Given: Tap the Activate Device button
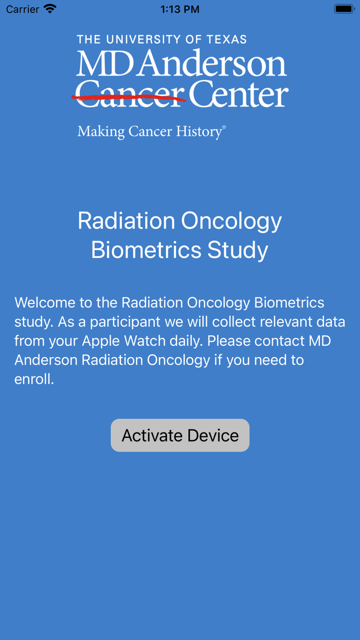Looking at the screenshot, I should [x=180, y=435].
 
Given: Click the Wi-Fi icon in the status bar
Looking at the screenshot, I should [x=50, y=9].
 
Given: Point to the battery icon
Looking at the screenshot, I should [x=344, y=9].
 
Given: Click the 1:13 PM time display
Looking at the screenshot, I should [x=180, y=9].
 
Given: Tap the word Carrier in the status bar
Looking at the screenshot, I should [x=23, y=9].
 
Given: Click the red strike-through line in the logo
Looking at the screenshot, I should [x=129, y=97].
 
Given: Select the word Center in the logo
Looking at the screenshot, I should [x=238, y=95].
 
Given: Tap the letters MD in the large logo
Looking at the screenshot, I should [x=105, y=64].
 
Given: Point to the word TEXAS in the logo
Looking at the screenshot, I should [x=226, y=40].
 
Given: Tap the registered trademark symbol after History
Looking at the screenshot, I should [x=224, y=127].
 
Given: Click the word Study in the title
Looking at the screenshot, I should [x=238, y=250].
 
